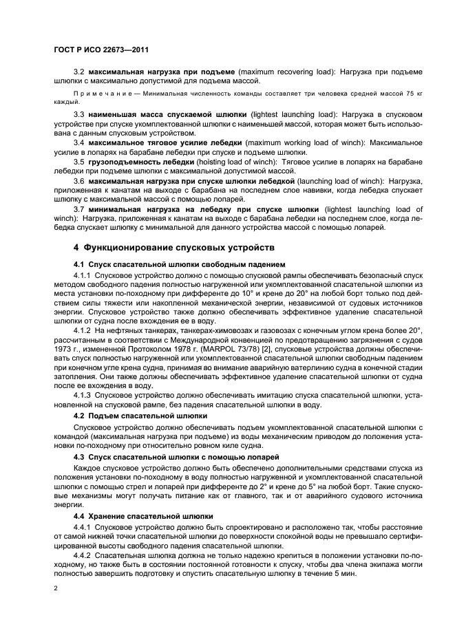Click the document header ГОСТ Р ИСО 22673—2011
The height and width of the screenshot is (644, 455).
point(101,50)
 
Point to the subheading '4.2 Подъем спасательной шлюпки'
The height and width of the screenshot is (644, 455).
point(136,416)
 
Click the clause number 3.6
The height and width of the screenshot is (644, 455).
point(79,180)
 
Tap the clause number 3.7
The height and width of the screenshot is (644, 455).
point(79,208)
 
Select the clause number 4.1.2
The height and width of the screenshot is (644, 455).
point(83,330)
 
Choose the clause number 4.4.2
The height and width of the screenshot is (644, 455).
point(83,552)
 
